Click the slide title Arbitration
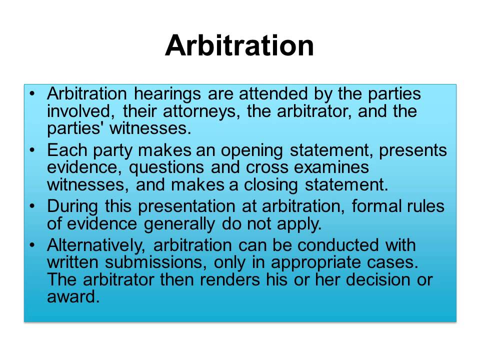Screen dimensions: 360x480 (x=239, y=46)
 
